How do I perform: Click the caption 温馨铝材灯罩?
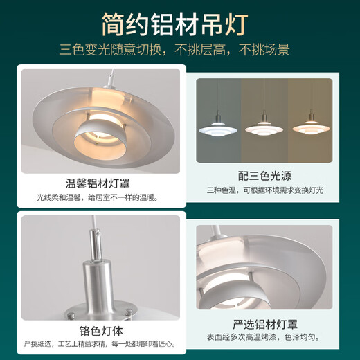pos(98,183)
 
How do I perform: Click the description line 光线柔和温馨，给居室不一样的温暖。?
pos(98,197)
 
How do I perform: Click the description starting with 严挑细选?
pos(98,343)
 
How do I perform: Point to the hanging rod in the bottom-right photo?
pos(222,232)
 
